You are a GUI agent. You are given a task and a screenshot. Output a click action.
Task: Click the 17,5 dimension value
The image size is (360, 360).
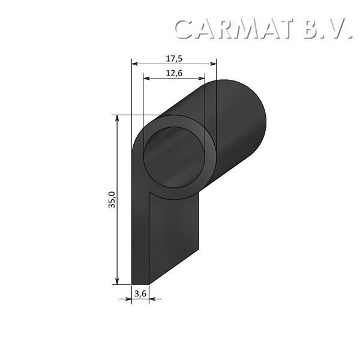[x=174, y=58]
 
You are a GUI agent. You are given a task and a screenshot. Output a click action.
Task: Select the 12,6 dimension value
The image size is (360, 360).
[x=174, y=73]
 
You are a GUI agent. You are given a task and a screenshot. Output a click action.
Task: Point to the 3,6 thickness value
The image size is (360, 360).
[x=140, y=293]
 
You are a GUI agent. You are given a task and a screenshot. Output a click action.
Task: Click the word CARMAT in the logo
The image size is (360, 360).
[x=235, y=29]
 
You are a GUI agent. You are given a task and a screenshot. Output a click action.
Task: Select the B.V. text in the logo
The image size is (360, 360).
[x=327, y=29]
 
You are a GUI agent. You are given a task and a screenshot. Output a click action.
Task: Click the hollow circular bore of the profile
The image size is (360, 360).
[x=174, y=157]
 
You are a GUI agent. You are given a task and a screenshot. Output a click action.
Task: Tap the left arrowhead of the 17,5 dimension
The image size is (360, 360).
[x=134, y=63]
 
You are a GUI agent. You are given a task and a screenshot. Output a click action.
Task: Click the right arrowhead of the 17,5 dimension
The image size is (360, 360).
[x=213, y=63]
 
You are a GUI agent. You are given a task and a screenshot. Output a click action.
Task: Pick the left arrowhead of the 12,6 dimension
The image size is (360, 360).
[x=146, y=78]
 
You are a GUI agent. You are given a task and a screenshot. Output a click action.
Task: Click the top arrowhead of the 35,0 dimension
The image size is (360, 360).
[x=118, y=119]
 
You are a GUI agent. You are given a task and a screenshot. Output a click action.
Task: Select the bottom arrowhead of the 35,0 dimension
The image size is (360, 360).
[x=118, y=280]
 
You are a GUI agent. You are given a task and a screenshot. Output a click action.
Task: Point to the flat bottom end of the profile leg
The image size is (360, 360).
[x=140, y=283]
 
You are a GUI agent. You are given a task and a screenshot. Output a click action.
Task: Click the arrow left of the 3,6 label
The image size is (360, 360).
[x=128, y=298]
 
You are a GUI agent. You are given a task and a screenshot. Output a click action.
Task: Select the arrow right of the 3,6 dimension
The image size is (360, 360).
[x=153, y=298]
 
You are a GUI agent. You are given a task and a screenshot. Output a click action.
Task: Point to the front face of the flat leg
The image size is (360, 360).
[x=140, y=240]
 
